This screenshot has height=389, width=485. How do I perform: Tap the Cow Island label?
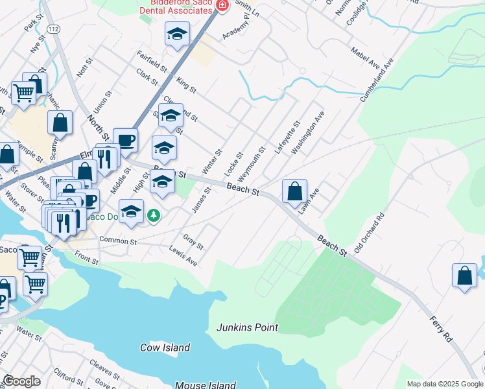click(x=165, y=348)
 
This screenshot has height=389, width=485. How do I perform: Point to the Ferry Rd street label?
click(x=440, y=329)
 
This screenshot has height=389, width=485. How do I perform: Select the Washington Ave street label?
click(x=307, y=132)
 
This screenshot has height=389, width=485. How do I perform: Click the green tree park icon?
click(x=153, y=215)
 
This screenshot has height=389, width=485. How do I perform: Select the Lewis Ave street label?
click(x=183, y=256)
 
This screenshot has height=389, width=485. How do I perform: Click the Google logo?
click(x=21, y=381)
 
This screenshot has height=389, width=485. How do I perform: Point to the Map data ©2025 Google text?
click(x=444, y=384)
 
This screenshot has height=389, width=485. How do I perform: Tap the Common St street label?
click(x=117, y=241)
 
